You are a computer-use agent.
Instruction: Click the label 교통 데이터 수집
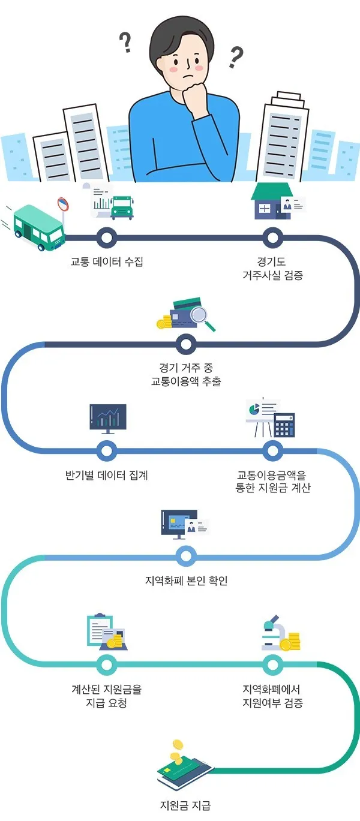pyautogui.click(x=107, y=261)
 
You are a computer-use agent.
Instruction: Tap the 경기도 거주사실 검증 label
pyautogui.click(x=272, y=268)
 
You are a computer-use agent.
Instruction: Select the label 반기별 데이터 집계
pyautogui.click(x=107, y=476)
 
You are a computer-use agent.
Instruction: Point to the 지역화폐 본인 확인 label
pyautogui.click(x=187, y=581)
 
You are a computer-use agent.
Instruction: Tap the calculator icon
pyautogui.click(x=284, y=425)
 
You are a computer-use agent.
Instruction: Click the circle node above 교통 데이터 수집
pyautogui.click(x=107, y=238)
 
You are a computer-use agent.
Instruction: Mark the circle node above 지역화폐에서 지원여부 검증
pyautogui.click(x=272, y=664)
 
